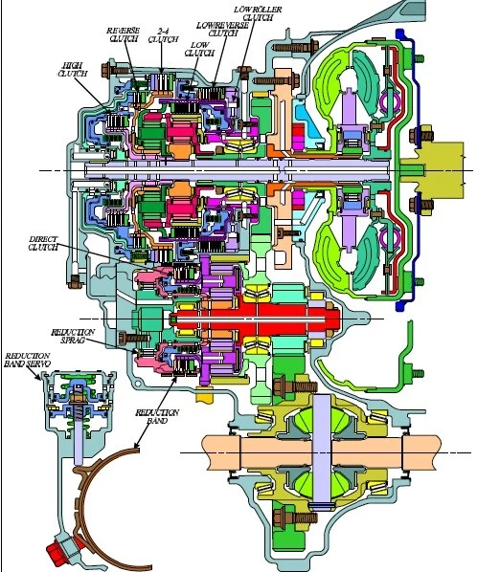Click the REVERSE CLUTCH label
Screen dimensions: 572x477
[124, 34]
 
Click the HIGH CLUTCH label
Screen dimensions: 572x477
[72, 69]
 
